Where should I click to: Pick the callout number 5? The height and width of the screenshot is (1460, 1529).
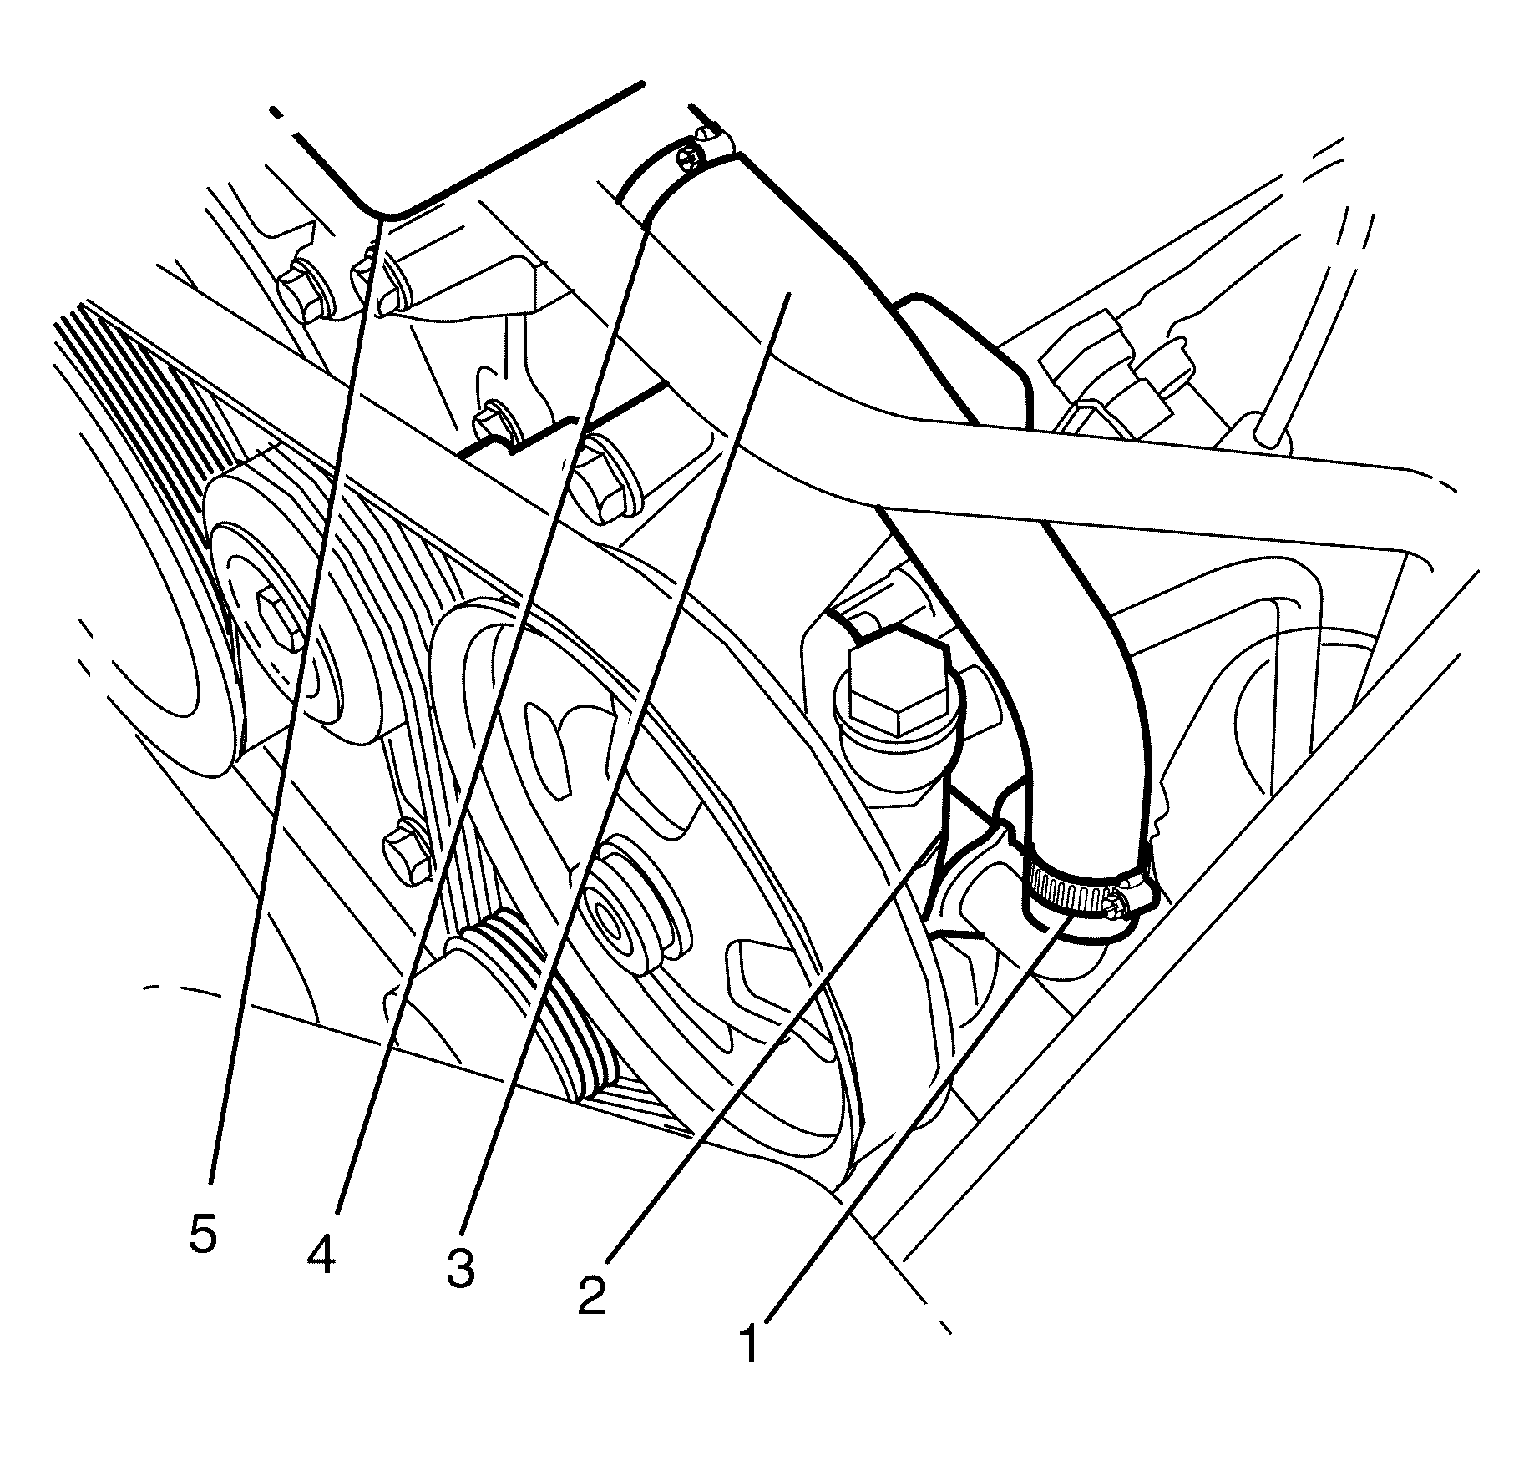203,1233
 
